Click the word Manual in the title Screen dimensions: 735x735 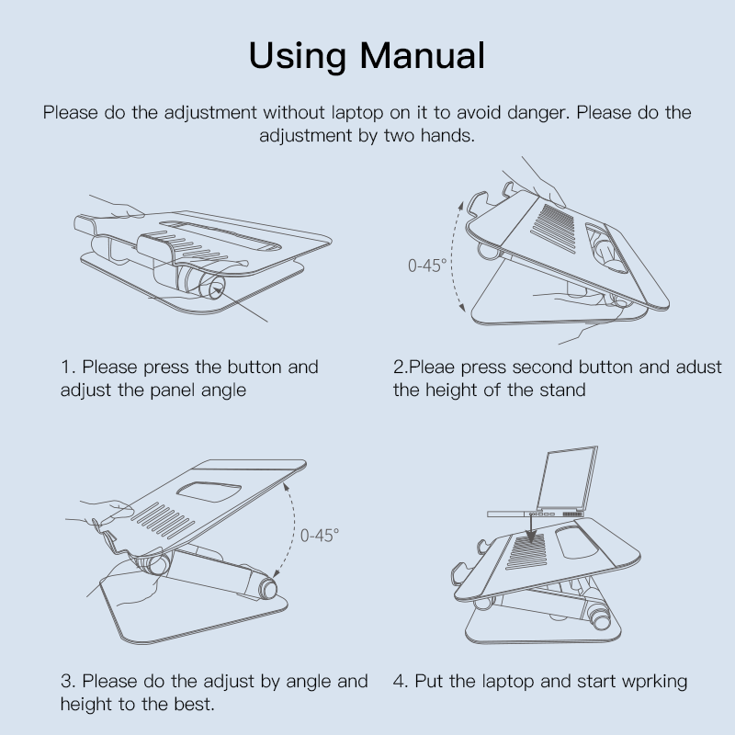[x=423, y=56]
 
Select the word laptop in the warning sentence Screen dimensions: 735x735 [x=357, y=113]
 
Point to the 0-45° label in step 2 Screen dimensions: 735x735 [x=426, y=266]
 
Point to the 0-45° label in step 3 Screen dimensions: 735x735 [x=319, y=536]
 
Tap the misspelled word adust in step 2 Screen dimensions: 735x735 [x=698, y=367]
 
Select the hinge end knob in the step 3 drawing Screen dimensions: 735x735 [x=266, y=589]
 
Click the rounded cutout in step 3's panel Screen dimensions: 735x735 [x=209, y=491]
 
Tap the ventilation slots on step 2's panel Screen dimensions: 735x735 [x=553, y=228]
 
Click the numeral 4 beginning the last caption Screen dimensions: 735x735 [x=400, y=682]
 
